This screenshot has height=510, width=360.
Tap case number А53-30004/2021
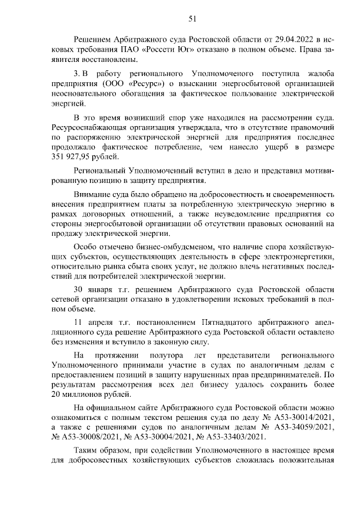click(166, 436)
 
